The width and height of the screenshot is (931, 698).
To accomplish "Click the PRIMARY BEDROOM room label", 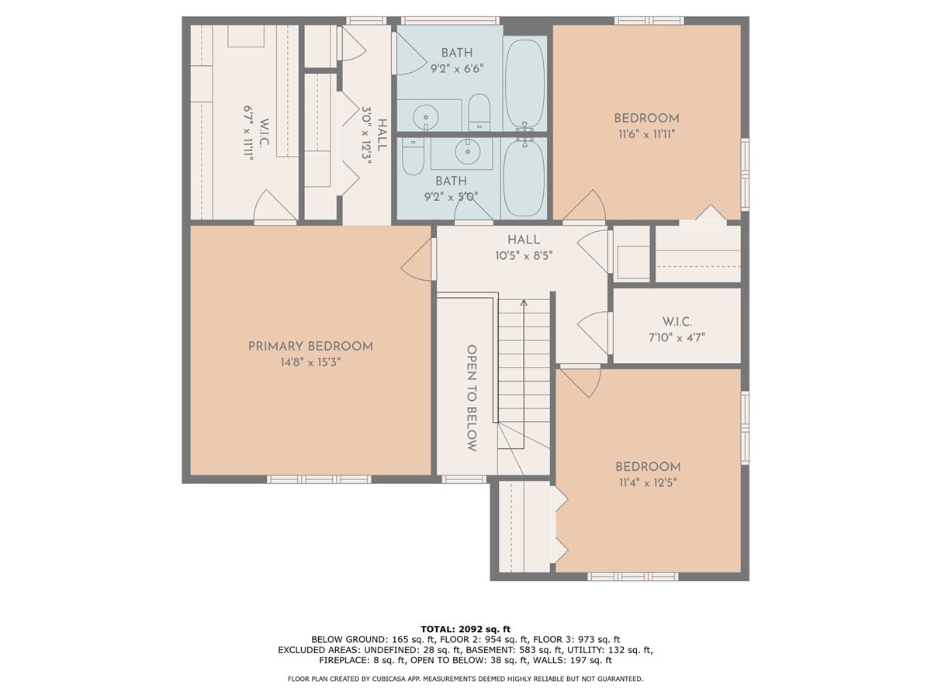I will [x=310, y=347].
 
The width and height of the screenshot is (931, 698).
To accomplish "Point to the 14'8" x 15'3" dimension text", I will [x=310, y=362].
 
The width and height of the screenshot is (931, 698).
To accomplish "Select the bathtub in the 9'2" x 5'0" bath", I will [x=525, y=178].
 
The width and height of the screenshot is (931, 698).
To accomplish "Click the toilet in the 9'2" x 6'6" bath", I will [x=479, y=113].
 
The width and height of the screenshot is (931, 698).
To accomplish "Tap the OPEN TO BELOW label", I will [x=471, y=398].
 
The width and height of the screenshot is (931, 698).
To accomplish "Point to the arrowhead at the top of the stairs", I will [x=524, y=302].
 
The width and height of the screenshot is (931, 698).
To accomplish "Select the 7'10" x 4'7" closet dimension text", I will [x=677, y=337].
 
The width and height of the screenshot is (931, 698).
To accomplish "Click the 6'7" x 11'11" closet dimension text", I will [x=249, y=133].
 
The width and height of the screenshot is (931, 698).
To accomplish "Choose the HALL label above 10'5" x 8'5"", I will [x=524, y=240].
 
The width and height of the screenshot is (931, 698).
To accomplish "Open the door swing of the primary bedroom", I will [x=417, y=261].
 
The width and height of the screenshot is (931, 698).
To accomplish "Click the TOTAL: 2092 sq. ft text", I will [x=465, y=629].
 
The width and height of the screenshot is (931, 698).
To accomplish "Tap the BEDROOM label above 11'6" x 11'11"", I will [x=646, y=119].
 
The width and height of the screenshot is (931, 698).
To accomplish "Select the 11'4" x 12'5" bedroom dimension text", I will [x=648, y=482].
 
